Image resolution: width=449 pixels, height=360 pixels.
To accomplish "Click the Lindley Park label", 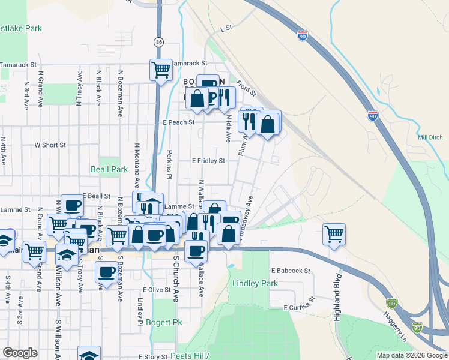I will [x=256, y=283].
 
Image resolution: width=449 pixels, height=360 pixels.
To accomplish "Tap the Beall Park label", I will [x=109, y=170].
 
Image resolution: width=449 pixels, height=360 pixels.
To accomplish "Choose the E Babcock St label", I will [x=290, y=271].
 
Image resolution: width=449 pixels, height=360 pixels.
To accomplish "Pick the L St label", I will [x=226, y=28].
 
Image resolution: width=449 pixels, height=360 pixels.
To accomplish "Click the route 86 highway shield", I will [x=158, y=42].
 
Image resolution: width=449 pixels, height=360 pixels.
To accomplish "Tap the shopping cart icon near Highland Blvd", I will [x=334, y=233].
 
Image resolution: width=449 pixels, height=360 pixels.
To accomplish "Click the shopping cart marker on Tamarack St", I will [x=161, y=70].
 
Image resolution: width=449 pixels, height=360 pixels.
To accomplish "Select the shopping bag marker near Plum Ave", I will [x=268, y=124].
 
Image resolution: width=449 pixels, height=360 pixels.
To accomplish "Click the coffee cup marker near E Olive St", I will [x=107, y=272].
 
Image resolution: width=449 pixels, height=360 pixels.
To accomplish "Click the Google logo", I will [x=20, y=353].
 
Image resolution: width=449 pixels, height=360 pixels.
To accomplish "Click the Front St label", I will [x=246, y=89].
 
